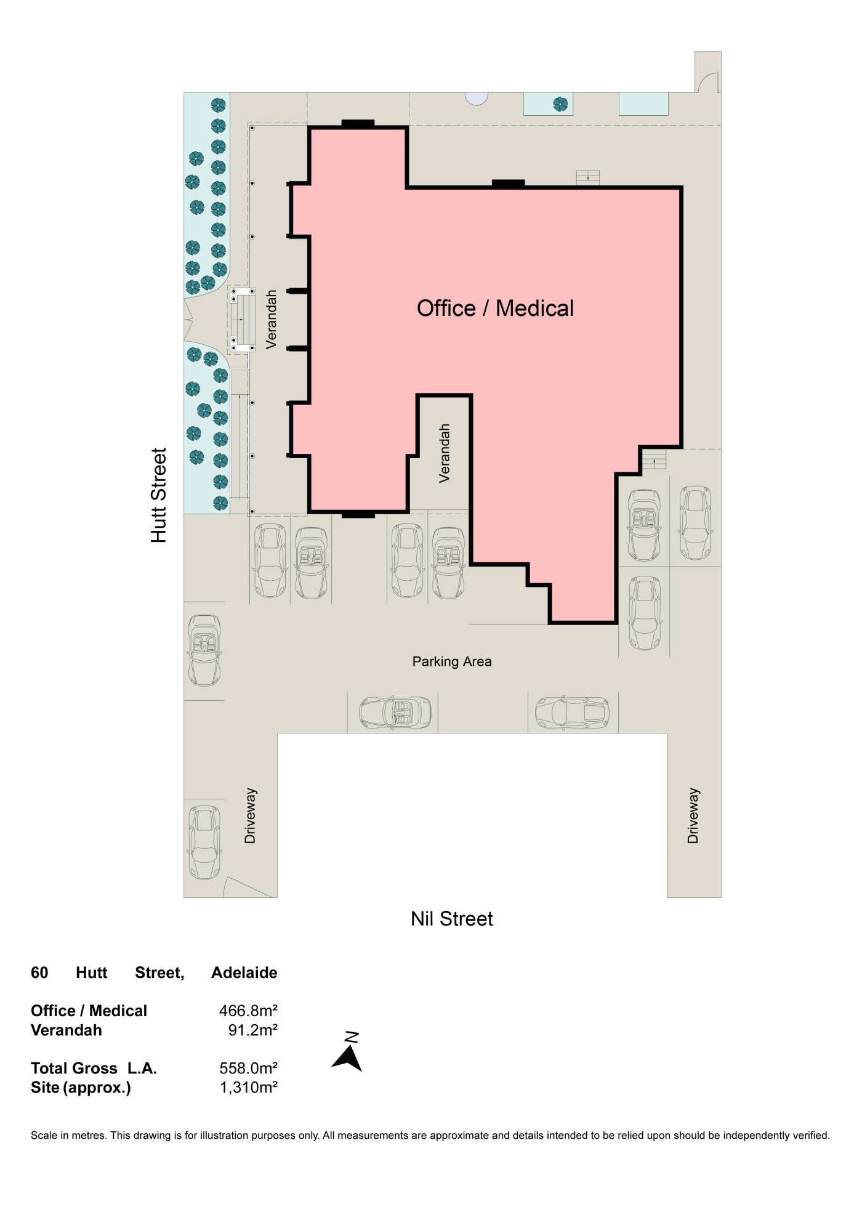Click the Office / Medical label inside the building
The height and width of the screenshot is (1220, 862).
coord(495,309)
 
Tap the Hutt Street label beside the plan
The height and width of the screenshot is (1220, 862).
coord(159,495)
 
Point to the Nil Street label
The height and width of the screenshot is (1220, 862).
coord(452,919)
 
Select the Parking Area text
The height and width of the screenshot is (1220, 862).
coord(452,661)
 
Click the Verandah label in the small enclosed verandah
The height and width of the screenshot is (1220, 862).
coord(444,453)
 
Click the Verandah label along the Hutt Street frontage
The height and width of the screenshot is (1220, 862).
coord(271,320)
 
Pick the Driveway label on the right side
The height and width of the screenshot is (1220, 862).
coord(693,815)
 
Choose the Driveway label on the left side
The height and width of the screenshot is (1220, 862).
coord(250,815)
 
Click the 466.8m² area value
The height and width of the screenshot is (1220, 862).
coord(248,1011)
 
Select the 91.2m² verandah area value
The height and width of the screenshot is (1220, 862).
coord(252,1030)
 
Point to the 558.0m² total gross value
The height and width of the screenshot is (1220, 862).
coord(248,1068)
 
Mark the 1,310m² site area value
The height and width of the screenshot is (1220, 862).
coord(248,1087)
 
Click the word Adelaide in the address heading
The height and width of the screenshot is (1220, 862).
coord(244,972)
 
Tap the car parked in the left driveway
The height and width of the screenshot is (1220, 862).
coord(204,842)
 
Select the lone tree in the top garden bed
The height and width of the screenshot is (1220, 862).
coord(560,104)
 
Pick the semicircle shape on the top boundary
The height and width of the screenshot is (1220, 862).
coord(477,99)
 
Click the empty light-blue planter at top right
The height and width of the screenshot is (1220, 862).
coord(643,103)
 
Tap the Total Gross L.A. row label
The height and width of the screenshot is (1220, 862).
coord(94,1068)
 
